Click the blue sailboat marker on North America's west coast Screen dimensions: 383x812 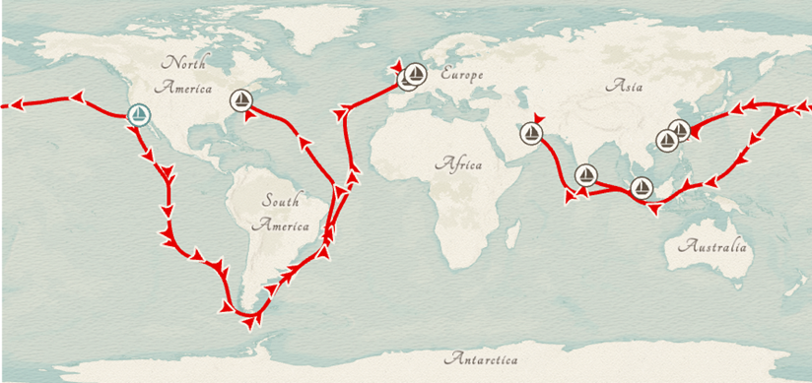coord(140,115)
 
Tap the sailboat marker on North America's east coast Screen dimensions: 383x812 coord(240,99)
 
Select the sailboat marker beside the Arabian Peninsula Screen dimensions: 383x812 coord(533,134)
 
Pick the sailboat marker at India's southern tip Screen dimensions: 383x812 coord(585,175)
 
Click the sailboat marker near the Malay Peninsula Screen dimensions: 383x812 coord(642,186)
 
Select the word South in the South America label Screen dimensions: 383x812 coord(280,201)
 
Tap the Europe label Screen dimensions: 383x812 coord(463,74)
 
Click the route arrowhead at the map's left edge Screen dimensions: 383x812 coord(14,102)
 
